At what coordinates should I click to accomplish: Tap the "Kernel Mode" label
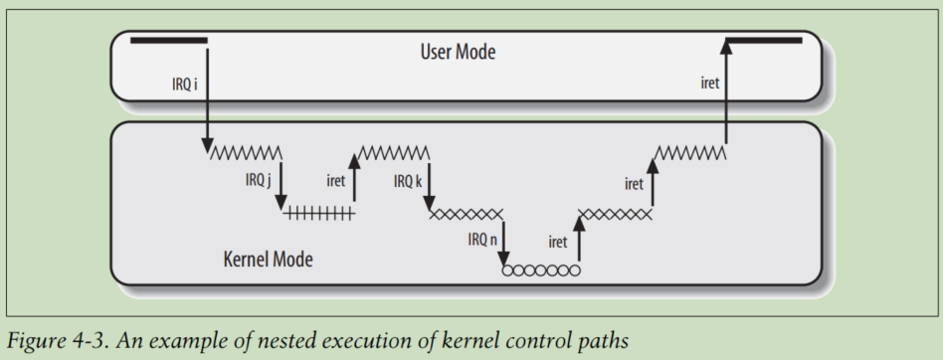point(268,261)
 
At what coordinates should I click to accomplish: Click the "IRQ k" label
point(408,181)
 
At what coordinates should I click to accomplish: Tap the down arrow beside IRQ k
point(430,184)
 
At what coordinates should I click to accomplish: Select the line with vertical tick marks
point(318,212)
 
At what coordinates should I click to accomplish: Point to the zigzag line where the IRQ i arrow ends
point(245,152)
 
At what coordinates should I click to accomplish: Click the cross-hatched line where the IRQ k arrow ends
point(467,212)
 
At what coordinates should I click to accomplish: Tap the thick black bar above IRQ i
point(168,40)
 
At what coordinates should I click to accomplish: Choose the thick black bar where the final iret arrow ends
point(764,40)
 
